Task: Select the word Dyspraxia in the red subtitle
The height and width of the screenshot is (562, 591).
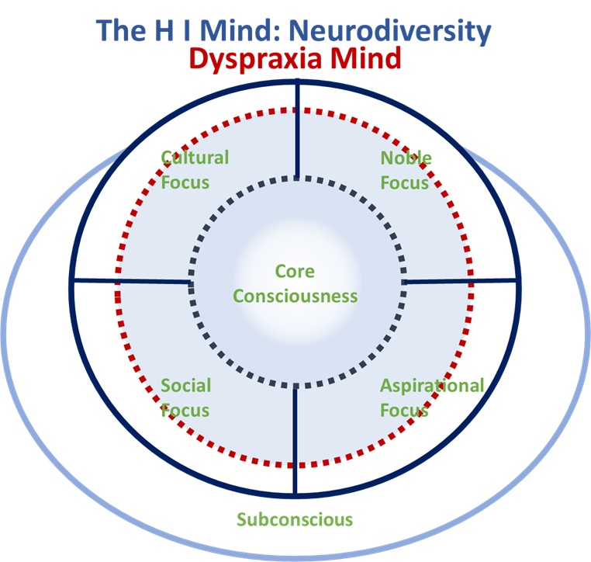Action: pos(266,59)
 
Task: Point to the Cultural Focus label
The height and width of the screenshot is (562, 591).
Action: pos(194,170)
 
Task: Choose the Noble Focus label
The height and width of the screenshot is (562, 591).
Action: pos(406,170)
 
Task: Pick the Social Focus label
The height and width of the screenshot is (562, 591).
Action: pos(186,397)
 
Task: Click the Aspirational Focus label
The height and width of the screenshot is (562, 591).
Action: pos(431,397)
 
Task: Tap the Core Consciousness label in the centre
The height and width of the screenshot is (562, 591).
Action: pos(295,283)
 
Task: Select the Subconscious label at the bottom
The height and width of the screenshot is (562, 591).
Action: pos(295,519)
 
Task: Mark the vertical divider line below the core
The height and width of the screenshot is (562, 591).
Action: pos(295,439)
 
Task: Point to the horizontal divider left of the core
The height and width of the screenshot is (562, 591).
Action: pos(132,280)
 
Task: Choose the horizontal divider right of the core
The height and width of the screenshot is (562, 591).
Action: pos(461,280)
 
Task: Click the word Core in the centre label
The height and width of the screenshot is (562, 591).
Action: pos(295,272)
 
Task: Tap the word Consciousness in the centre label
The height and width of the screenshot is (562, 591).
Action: pos(295,296)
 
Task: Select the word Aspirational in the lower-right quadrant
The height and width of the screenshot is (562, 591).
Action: pos(431,386)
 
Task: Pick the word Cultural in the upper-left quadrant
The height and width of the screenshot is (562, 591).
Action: pos(195,158)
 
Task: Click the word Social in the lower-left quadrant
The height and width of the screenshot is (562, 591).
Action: pos(186,386)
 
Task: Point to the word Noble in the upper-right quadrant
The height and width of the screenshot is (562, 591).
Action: pos(406,158)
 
